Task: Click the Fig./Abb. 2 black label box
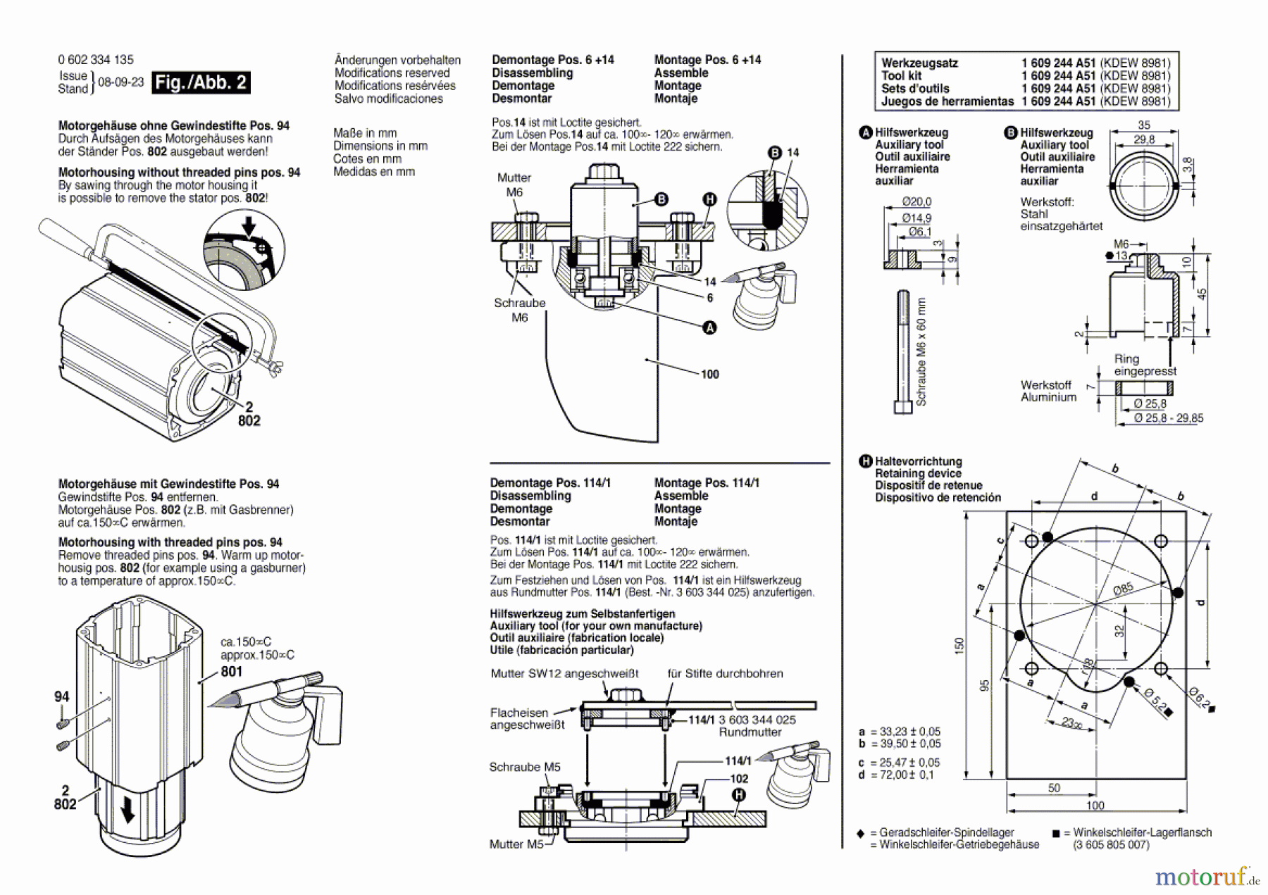coord(201,82)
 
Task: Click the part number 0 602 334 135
coord(95,60)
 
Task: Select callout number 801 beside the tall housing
coord(231,671)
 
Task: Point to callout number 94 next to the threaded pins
coord(62,696)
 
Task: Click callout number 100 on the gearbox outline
coord(709,374)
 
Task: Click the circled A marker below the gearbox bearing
coord(709,327)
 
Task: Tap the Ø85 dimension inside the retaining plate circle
coord(1123,588)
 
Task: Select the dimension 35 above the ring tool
coord(1143,125)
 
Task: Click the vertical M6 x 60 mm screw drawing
coord(903,352)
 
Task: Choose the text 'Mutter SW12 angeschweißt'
coord(564,673)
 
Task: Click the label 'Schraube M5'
coord(524,767)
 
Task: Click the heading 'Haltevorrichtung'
coord(918,461)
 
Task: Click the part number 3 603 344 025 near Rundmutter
coord(757,720)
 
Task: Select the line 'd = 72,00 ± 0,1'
coord(897,775)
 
